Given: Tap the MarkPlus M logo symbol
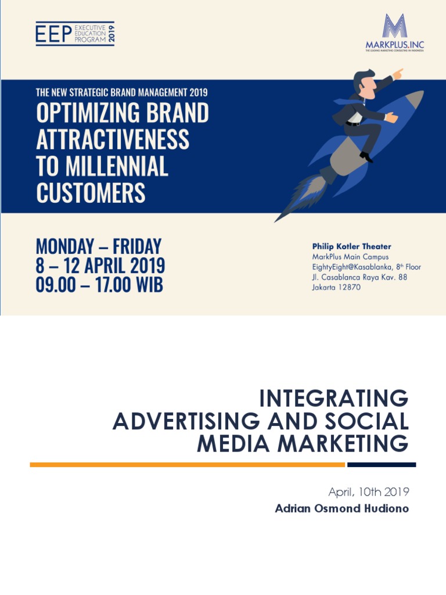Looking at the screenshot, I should tap(395, 26).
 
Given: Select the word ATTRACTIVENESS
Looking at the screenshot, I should tap(113, 139).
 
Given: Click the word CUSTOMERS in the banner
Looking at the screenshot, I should tap(91, 193).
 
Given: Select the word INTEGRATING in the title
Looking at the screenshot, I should tap(333, 399).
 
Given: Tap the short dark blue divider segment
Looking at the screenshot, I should tap(382, 465).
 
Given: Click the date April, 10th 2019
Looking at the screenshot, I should tap(369, 492).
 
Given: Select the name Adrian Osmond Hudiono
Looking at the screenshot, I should tap(342, 509).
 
